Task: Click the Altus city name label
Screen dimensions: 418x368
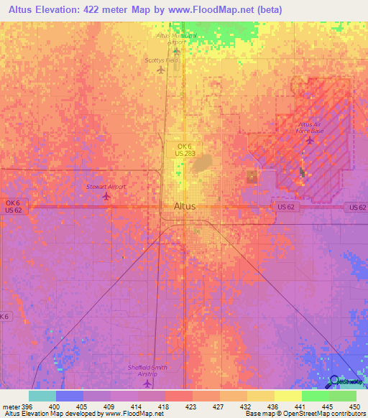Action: (184, 206)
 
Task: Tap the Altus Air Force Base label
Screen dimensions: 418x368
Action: (310, 127)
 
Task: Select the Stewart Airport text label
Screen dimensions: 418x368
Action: (106, 186)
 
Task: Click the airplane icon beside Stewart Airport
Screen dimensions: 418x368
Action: (106, 196)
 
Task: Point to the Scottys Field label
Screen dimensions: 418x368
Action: (161, 61)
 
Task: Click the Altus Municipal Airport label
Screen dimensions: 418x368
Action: (175, 39)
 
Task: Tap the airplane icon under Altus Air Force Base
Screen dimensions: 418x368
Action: (310, 139)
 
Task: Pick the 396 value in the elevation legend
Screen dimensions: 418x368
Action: (25, 405)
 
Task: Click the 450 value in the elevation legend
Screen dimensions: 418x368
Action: (352, 405)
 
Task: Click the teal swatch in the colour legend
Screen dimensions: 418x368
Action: (42, 396)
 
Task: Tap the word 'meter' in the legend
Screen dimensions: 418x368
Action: (10, 405)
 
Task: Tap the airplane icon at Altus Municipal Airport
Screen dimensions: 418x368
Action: (175, 51)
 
